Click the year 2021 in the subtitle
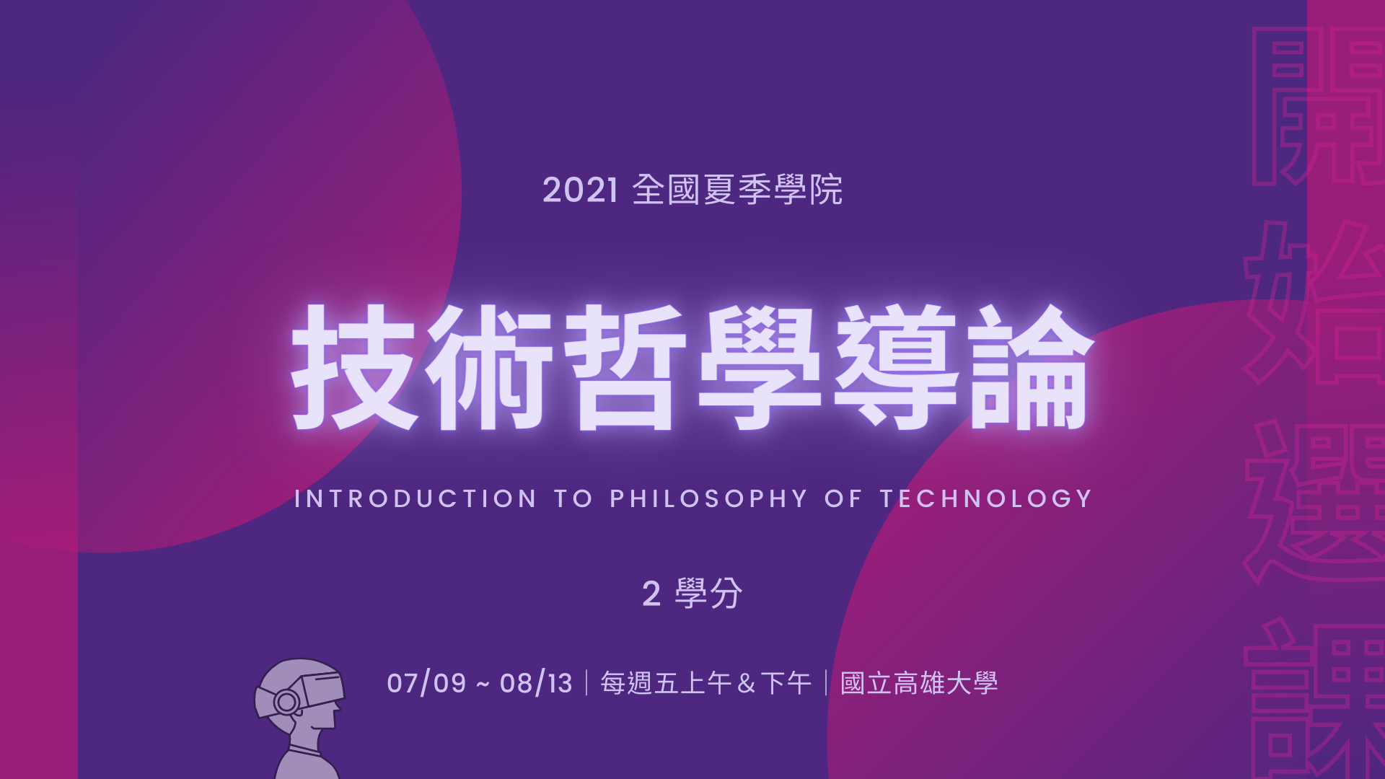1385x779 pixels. [x=580, y=190]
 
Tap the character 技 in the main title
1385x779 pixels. [x=353, y=367]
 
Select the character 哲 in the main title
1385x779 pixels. [x=625, y=367]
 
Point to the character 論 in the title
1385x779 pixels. [x=1032, y=367]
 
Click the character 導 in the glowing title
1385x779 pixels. [x=896, y=367]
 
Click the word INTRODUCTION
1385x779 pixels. [x=415, y=498]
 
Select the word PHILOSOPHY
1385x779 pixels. [x=708, y=498]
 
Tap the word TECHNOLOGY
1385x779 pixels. [x=985, y=498]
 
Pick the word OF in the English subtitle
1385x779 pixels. [x=843, y=498]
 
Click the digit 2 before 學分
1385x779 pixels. [x=651, y=594]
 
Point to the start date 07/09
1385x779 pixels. [x=426, y=683]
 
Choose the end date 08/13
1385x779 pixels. [x=536, y=683]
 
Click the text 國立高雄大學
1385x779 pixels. [x=919, y=683]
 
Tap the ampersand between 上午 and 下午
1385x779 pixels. [x=747, y=683]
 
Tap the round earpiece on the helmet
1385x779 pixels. [x=286, y=702]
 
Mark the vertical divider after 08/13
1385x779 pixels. [x=586, y=683]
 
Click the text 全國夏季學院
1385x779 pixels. [x=737, y=190]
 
